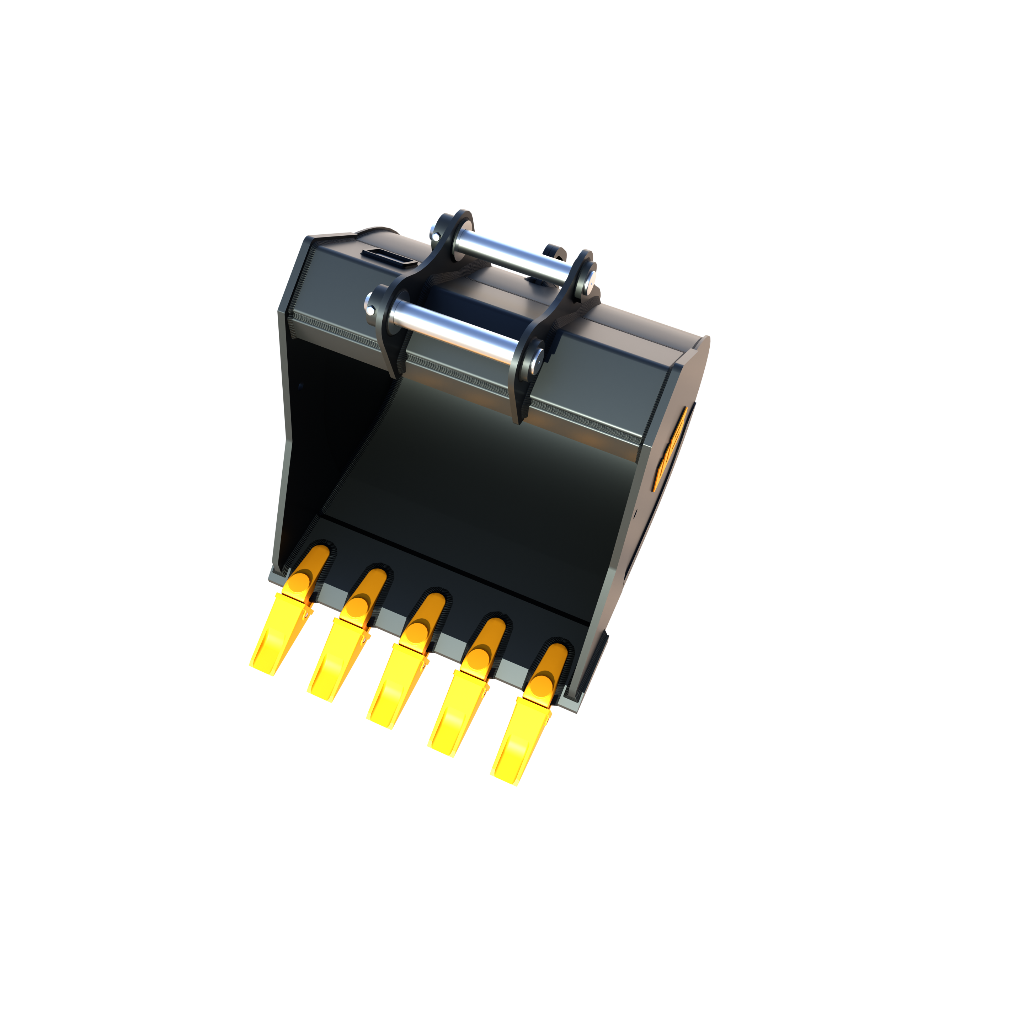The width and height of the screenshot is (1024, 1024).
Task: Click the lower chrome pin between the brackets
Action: click(x=453, y=329)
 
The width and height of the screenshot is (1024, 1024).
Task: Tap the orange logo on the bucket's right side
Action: click(x=671, y=448)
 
